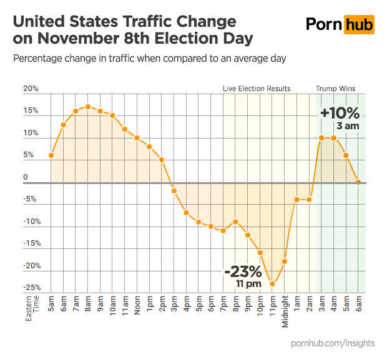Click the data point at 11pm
tap(272, 284)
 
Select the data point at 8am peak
tap(88, 107)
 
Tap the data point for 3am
tap(321, 138)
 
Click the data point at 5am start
tap(51, 155)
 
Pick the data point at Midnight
tap(285, 261)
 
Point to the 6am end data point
tap(358, 182)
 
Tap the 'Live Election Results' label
tap(257, 89)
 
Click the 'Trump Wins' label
tap(335, 89)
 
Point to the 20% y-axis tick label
tap(31, 89)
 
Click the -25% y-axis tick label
tap(32, 288)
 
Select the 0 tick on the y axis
tap(26, 177)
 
